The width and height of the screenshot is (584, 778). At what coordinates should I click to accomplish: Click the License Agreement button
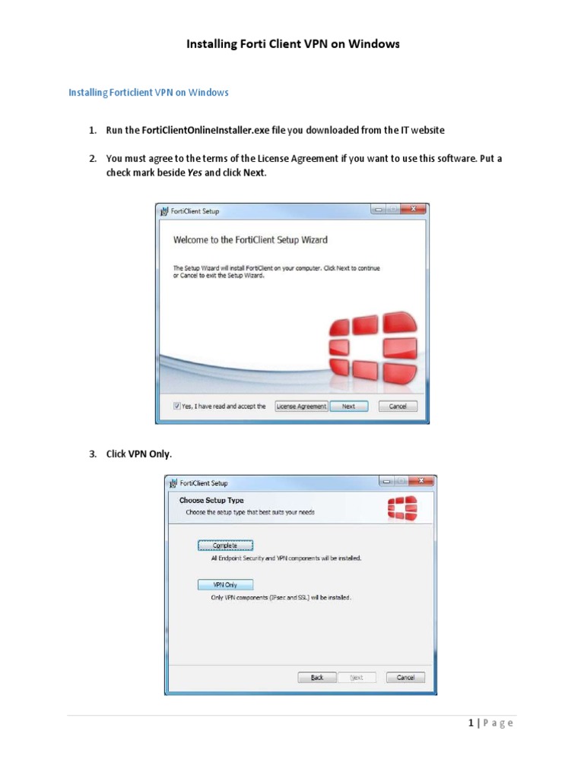coord(301,406)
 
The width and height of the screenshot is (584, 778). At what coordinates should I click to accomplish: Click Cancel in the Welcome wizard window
coord(398,406)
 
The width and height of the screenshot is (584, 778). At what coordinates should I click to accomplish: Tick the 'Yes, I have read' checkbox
coord(177,406)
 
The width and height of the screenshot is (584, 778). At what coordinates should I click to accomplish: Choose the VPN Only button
coord(225,585)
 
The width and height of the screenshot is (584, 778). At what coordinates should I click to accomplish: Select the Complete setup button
coord(225,546)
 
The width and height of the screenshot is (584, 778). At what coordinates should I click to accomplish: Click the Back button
coord(317,678)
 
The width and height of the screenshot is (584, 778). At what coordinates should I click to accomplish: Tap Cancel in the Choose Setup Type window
coord(405,678)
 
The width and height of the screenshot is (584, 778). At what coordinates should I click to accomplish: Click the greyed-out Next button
coord(357,678)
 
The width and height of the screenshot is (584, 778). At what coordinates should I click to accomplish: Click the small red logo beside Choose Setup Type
coord(401,508)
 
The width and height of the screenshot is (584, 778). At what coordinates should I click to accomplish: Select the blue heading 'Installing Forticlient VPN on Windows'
coord(148,93)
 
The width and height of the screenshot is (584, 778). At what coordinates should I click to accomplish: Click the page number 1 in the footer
coord(471,723)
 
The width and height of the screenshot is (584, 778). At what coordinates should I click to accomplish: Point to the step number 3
coord(92,454)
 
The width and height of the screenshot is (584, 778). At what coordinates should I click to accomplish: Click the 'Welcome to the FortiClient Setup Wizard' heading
coord(250,240)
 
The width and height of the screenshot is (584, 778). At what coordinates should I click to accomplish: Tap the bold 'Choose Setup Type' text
coord(211,501)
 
